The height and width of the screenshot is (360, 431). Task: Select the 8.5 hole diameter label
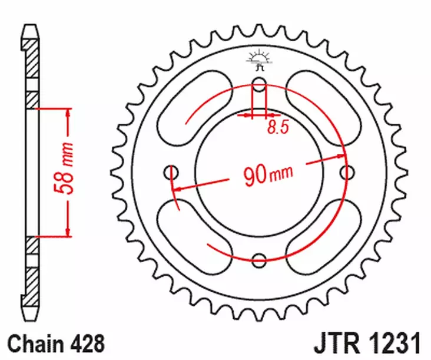(277, 127)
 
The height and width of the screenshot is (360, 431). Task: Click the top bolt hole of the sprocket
(260, 82)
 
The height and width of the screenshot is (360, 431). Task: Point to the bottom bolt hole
(260, 257)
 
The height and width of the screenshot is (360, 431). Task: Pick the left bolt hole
(172, 172)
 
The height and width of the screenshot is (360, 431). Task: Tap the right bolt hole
(347, 172)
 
